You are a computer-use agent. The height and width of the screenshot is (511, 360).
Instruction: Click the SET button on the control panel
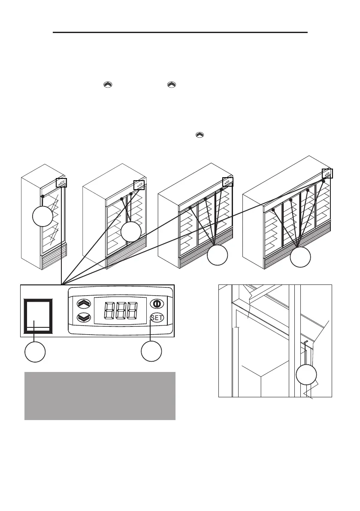(157, 318)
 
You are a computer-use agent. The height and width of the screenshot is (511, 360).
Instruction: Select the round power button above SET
(157, 303)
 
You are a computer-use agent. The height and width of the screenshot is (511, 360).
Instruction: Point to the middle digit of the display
(120, 311)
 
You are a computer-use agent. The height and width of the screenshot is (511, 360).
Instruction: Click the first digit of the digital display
(107, 311)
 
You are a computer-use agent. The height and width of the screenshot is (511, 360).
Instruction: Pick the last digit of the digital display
(133, 311)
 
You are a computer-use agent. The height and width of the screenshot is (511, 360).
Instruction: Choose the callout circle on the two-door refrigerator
(131, 232)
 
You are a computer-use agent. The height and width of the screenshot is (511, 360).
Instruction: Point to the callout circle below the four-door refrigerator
(300, 257)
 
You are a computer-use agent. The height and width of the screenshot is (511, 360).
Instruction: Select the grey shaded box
(100, 396)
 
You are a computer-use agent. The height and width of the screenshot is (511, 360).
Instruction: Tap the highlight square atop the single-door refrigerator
(61, 182)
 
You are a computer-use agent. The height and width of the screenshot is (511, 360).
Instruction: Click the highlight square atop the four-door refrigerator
(327, 174)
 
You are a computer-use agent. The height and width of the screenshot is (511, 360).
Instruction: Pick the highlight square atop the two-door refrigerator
(139, 185)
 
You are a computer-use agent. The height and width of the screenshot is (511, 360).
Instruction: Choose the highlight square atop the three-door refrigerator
(227, 181)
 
